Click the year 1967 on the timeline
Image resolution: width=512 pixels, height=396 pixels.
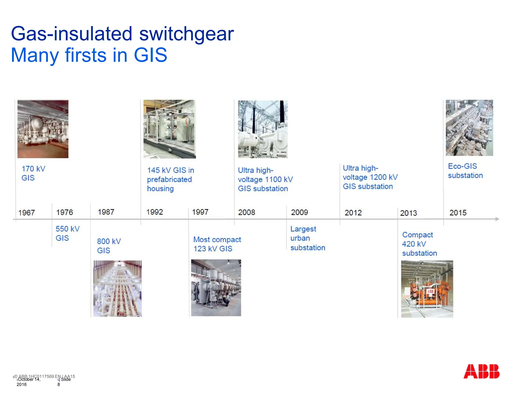[x=26, y=213]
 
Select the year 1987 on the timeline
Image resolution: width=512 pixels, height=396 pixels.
[x=106, y=212]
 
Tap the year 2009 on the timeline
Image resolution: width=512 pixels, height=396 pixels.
[x=299, y=212]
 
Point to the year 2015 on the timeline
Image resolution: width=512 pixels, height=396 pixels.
[x=458, y=213]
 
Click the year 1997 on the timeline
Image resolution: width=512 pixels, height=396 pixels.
[x=200, y=212]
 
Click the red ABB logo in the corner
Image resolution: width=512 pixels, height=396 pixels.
[x=481, y=371]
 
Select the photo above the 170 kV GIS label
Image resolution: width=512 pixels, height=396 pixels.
[x=43, y=129]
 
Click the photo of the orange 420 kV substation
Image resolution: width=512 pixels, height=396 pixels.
[x=427, y=289]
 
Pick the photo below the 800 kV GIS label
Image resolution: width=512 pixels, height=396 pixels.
[x=117, y=289]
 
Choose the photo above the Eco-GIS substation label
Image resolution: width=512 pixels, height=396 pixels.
[x=469, y=128]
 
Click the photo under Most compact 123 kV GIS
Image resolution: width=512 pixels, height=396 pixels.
[x=216, y=288]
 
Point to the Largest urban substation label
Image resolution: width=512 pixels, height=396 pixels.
[x=307, y=238]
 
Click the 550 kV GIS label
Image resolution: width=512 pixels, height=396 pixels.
[x=67, y=233]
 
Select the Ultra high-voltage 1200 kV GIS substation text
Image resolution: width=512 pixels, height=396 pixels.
[x=370, y=177]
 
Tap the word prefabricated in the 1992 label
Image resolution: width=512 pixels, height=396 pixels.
[x=169, y=179]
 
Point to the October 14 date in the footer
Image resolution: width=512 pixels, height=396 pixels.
[x=29, y=379]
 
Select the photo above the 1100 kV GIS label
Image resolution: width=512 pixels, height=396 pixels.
[x=262, y=129]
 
